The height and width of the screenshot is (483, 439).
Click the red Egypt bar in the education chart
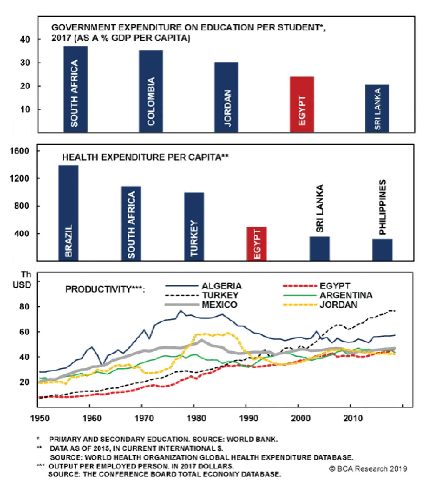click(302, 104)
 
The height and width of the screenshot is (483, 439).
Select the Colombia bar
click(151, 91)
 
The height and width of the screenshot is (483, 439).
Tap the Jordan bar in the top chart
click(226, 97)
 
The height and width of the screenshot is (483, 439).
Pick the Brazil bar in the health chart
click(68, 213)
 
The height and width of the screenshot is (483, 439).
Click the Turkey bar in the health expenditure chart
click(194, 226)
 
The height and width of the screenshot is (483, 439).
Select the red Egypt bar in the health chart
click(257, 243)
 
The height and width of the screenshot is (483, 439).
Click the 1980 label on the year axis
click(196, 418)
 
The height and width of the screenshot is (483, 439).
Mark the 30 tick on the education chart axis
click(25, 63)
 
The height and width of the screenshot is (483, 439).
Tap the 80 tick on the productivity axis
click(24, 306)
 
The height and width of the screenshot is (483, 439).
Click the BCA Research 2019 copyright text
click(368, 468)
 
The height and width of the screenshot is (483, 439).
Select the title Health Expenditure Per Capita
click(145, 157)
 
